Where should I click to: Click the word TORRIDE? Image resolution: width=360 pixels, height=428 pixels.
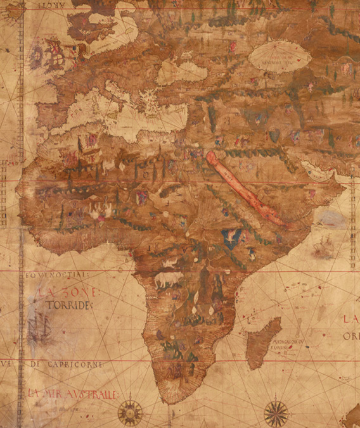tap(69, 305)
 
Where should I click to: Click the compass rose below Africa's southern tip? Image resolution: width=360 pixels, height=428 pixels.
tap(130, 413)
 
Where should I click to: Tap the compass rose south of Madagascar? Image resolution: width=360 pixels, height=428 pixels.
tap(276, 413)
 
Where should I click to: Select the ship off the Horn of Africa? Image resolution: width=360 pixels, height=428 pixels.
tap(323, 246)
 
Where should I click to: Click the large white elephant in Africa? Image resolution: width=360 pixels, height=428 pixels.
tap(168, 280)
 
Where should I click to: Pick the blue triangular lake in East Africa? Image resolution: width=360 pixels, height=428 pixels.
tap(231, 237)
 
